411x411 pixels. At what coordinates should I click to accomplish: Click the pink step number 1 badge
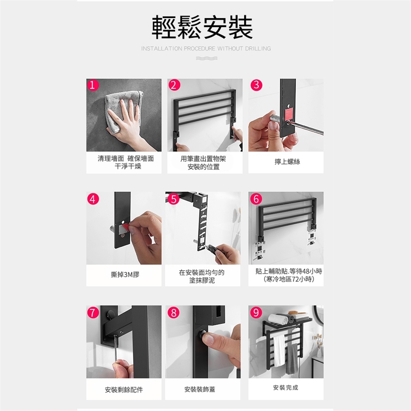click(92, 85)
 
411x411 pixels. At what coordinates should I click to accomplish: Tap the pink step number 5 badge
click(174, 199)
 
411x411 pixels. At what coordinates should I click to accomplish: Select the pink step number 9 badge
click(256, 312)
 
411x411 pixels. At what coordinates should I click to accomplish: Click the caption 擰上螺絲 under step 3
click(287, 162)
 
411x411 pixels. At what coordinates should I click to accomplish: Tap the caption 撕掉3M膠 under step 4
click(125, 274)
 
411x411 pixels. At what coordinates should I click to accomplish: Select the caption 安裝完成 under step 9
click(286, 387)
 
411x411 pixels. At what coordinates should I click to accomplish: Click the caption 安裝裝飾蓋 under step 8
click(200, 390)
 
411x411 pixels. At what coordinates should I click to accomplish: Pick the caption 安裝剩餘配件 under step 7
click(124, 390)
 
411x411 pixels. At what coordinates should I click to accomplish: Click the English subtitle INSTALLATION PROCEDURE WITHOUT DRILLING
click(206, 48)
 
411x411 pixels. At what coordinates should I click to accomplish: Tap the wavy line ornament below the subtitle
click(206, 58)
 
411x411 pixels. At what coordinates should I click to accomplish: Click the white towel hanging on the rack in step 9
click(279, 350)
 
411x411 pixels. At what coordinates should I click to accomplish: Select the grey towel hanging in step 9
click(292, 359)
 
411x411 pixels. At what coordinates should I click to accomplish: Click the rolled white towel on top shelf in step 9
click(278, 319)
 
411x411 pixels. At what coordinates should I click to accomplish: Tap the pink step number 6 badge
click(256, 199)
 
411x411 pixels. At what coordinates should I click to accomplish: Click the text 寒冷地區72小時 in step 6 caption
click(289, 280)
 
